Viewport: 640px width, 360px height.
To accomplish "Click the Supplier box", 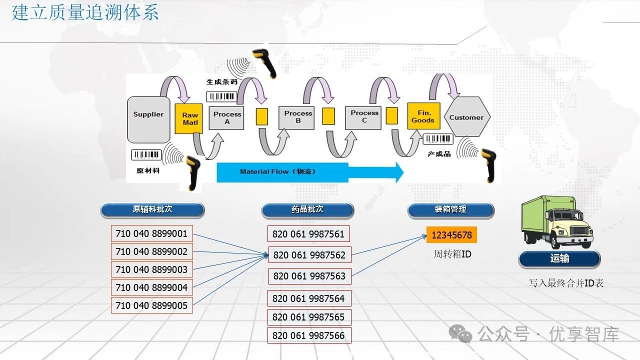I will (x=148, y=119).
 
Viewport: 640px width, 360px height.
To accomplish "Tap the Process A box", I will (x=226, y=118).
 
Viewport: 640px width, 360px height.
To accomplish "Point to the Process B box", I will (x=298, y=117).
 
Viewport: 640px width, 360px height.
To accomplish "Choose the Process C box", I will (x=364, y=117).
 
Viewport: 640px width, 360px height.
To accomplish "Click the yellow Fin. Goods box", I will (x=423, y=117).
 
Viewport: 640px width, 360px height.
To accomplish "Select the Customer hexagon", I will (x=466, y=117).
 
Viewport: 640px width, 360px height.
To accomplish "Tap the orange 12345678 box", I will (x=451, y=235).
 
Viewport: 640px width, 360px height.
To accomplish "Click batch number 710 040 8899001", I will (x=151, y=233).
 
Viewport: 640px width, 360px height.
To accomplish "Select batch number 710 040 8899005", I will (x=151, y=305).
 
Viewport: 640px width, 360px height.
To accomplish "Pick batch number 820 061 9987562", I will (x=309, y=255).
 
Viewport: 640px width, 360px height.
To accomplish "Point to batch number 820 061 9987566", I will (x=308, y=335).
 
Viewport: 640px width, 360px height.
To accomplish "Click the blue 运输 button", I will (x=559, y=259).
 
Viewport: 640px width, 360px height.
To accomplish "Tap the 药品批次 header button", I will (x=307, y=210).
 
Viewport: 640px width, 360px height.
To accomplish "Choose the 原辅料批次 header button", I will (x=152, y=210).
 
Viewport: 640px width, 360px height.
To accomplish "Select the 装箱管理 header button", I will (x=450, y=210).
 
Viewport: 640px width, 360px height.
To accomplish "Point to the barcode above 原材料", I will (x=146, y=155).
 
